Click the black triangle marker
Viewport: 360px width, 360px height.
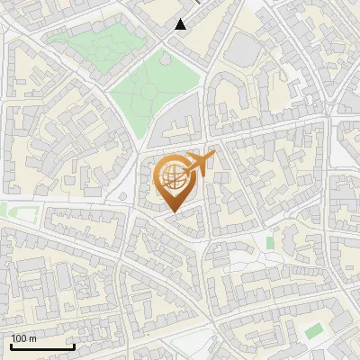[x=181, y=24]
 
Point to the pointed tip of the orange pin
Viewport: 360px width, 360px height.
[x=171, y=211]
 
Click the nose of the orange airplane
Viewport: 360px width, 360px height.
[x=214, y=154]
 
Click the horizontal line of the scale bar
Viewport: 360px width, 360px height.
[x=42, y=346]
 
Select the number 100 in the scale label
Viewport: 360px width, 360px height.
[x=20, y=338]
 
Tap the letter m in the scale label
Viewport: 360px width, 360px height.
[x=33, y=338]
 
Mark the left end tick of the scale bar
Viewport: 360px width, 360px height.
[x=11, y=345]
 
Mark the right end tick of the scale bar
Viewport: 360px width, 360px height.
[x=74, y=345]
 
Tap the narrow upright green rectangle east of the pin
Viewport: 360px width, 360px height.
[x=270, y=242]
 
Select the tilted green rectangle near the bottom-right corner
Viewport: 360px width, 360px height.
[x=313, y=331]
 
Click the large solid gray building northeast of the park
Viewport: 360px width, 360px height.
[x=241, y=49]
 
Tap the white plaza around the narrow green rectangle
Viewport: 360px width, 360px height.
[x=256, y=256]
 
